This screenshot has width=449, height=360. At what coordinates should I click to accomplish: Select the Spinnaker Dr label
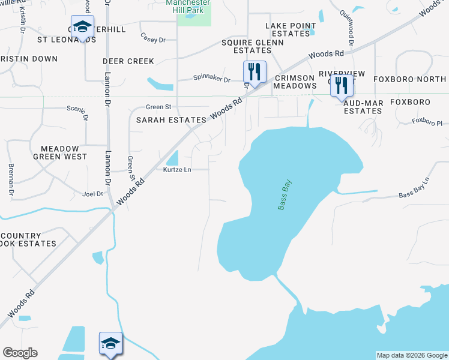[x=211, y=79]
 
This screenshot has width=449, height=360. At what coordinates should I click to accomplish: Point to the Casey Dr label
[x=152, y=40]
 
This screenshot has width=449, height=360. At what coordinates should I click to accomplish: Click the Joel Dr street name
[x=93, y=194]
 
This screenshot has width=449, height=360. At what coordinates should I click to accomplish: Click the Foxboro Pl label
[x=427, y=122]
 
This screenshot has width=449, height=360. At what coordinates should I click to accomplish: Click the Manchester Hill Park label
[x=187, y=7]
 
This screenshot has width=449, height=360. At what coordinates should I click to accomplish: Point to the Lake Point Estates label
[x=287, y=29]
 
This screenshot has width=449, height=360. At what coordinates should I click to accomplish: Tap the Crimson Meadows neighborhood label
[x=294, y=82]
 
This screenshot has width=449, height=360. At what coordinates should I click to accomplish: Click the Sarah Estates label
[x=171, y=120]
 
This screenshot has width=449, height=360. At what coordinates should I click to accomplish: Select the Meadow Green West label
[x=64, y=152]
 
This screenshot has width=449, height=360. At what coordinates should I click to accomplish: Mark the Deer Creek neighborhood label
[x=128, y=61]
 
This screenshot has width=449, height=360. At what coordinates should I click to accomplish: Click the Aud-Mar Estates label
[x=363, y=107]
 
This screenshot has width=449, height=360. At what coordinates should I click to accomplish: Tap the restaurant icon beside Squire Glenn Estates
[x=255, y=72]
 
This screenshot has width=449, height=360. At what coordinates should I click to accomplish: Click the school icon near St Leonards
[x=82, y=28]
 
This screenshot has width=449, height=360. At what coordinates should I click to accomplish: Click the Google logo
[x=20, y=353]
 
